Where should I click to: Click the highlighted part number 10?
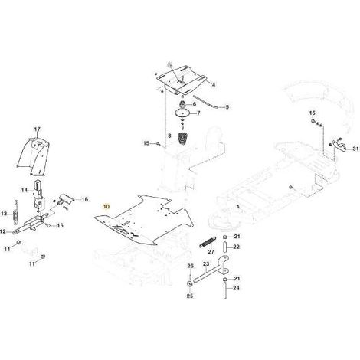[106, 206]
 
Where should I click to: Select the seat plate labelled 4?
[182, 79]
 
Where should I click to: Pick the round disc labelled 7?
[183, 112]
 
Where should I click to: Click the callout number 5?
[227, 107]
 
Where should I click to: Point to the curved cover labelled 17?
[33, 156]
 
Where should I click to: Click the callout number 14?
[25, 190]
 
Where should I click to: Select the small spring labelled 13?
[16, 212]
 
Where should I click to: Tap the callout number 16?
[84, 199]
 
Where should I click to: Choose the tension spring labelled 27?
[208, 242]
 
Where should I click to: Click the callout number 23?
[206, 263]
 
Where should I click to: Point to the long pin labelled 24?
[225, 289]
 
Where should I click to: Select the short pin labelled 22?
[225, 247]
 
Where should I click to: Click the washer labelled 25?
[189, 283]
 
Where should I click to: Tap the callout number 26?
[191, 267]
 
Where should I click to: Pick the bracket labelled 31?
[340, 145]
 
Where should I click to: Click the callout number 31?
[355, 149]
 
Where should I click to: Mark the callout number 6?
[195, 104]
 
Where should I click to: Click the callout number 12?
[2, 231]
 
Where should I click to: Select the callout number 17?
[38, 129]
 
